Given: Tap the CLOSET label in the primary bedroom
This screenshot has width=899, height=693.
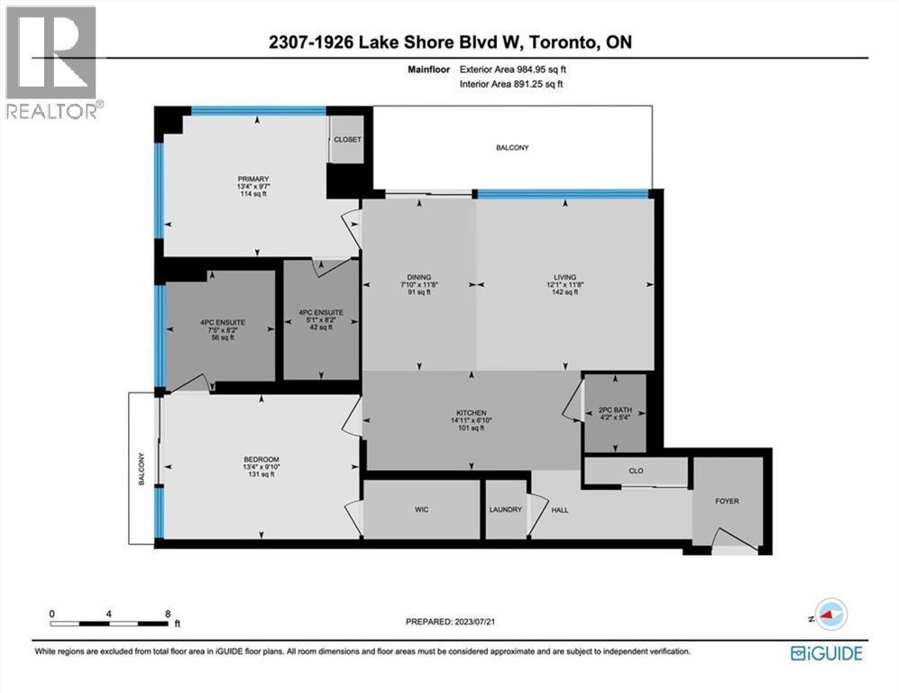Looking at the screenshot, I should point(347,140).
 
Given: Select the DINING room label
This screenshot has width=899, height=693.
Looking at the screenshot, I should point(418,277).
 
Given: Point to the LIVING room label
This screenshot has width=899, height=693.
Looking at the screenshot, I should point(564,277).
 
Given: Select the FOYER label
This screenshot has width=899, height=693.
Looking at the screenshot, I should point(727,500).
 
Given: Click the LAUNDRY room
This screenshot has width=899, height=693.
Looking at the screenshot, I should point(506,510).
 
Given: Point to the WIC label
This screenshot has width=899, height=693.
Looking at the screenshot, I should point(421,510).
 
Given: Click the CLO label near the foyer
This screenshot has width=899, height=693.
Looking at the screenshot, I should point(636,470).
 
